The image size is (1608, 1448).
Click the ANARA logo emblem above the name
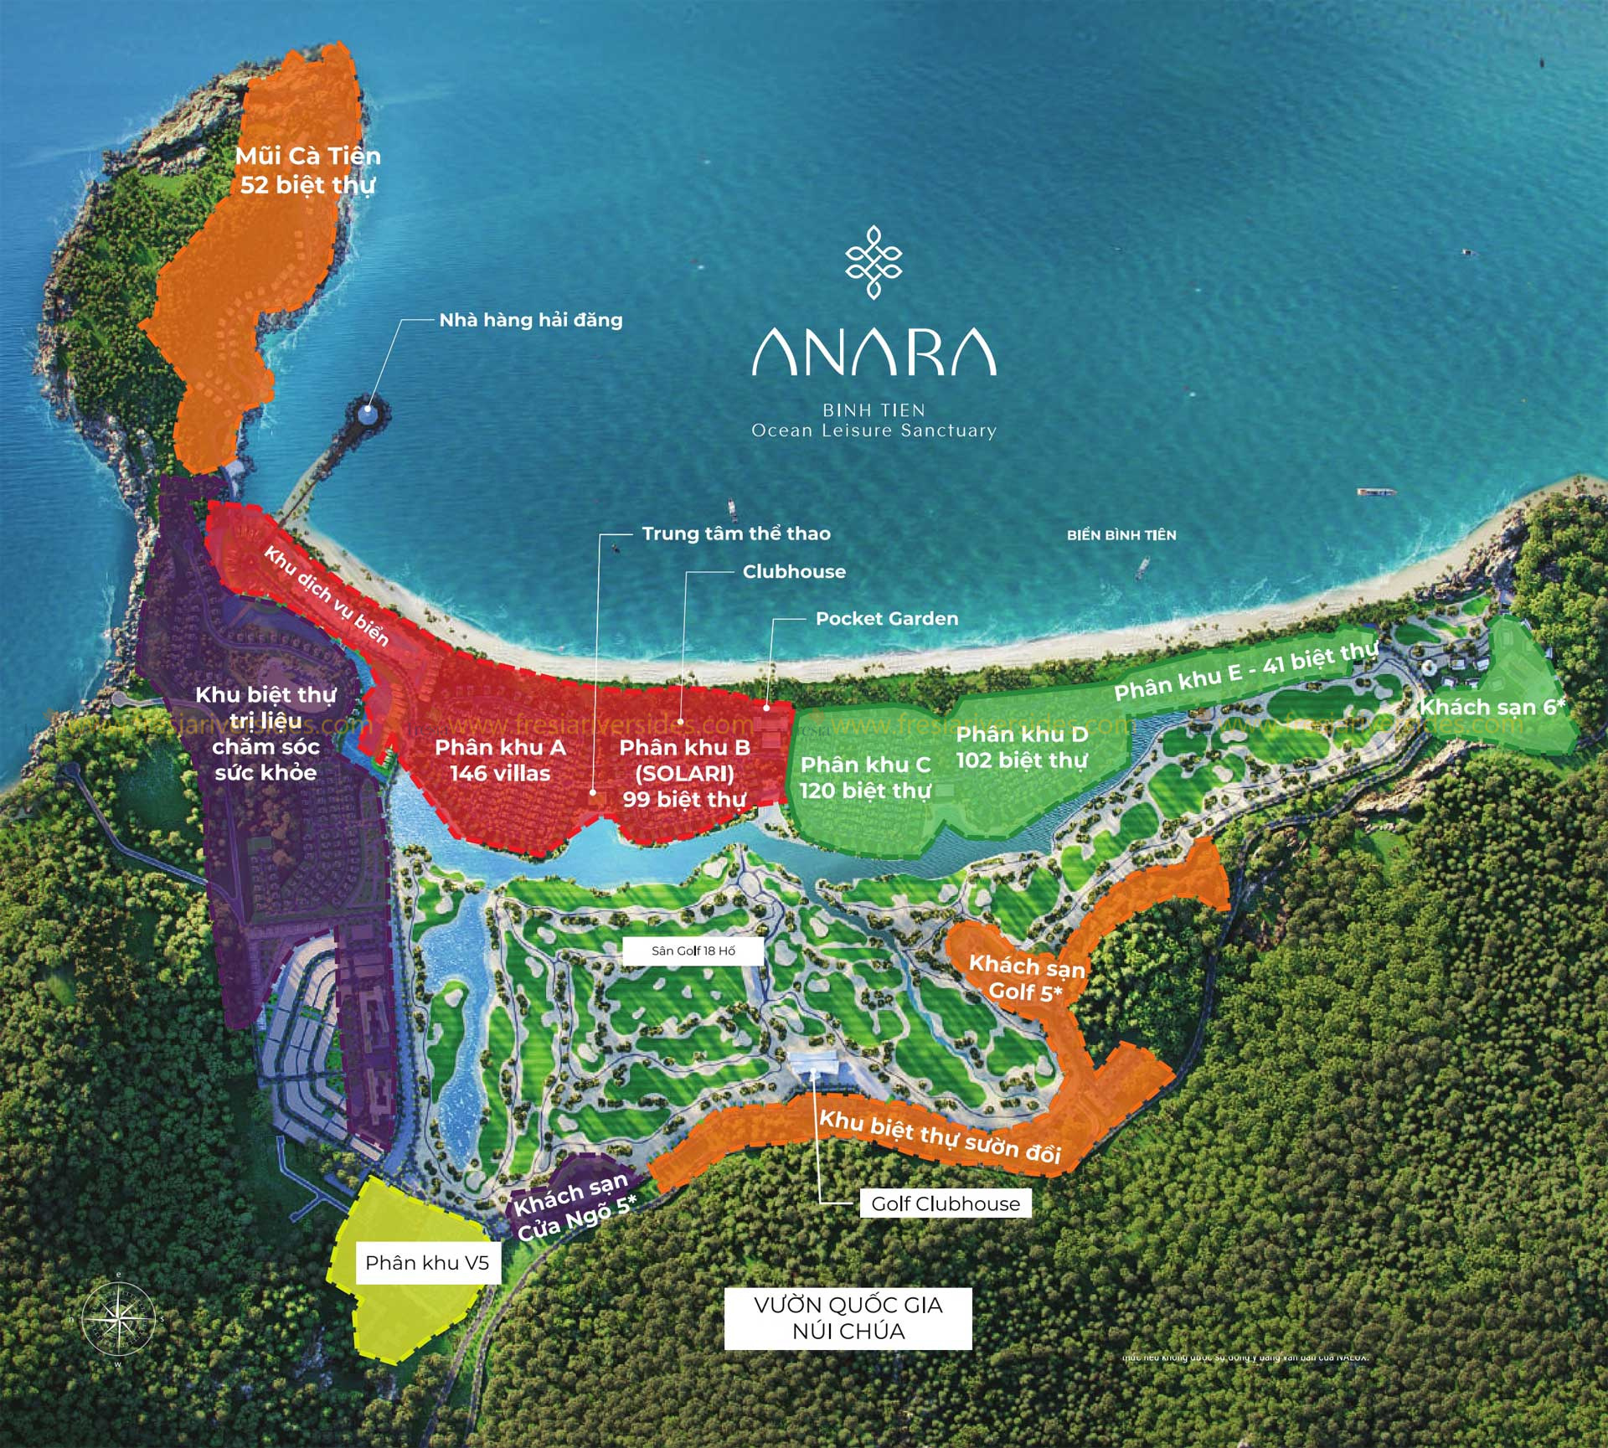(874, 262)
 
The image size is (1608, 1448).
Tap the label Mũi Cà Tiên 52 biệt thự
(307, 170)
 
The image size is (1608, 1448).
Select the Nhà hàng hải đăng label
(531, 320)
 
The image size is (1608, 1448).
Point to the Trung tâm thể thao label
(736, 533)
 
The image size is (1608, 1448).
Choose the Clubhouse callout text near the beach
(794, 572)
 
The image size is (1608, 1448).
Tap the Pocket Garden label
(887, 619)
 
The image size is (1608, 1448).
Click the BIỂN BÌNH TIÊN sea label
(1121, 535)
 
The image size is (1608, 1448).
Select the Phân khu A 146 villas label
(500, 760)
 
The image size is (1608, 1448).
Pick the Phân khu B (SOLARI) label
(684, 772)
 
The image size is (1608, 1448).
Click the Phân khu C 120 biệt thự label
(865, 777)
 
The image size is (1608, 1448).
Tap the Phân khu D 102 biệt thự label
(1022, 747)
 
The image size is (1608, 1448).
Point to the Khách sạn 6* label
(1492, 707)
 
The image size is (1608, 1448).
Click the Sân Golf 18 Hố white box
(693, 951)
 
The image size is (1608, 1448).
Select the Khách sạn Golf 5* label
(1026, 978)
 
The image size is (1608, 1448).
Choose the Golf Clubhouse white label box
(946, 1203)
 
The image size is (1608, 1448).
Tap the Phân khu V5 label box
(427, 1263)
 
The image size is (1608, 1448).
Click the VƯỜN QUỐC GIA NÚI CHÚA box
(848, 1317)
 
